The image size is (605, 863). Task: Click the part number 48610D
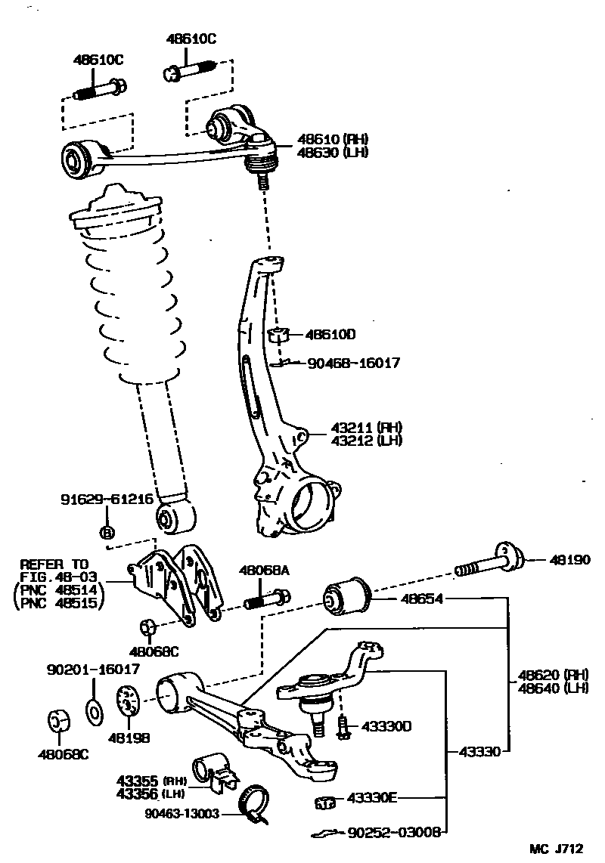point(330,334)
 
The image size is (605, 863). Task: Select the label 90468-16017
point(354,363)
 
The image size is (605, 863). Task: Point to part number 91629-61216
point(107,500)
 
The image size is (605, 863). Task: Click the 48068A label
point(265,571)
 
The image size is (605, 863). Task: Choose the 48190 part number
point(568,561)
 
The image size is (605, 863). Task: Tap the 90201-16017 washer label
point(93,669)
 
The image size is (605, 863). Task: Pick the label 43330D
point(386,726)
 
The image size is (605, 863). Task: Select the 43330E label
point(372,798)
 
